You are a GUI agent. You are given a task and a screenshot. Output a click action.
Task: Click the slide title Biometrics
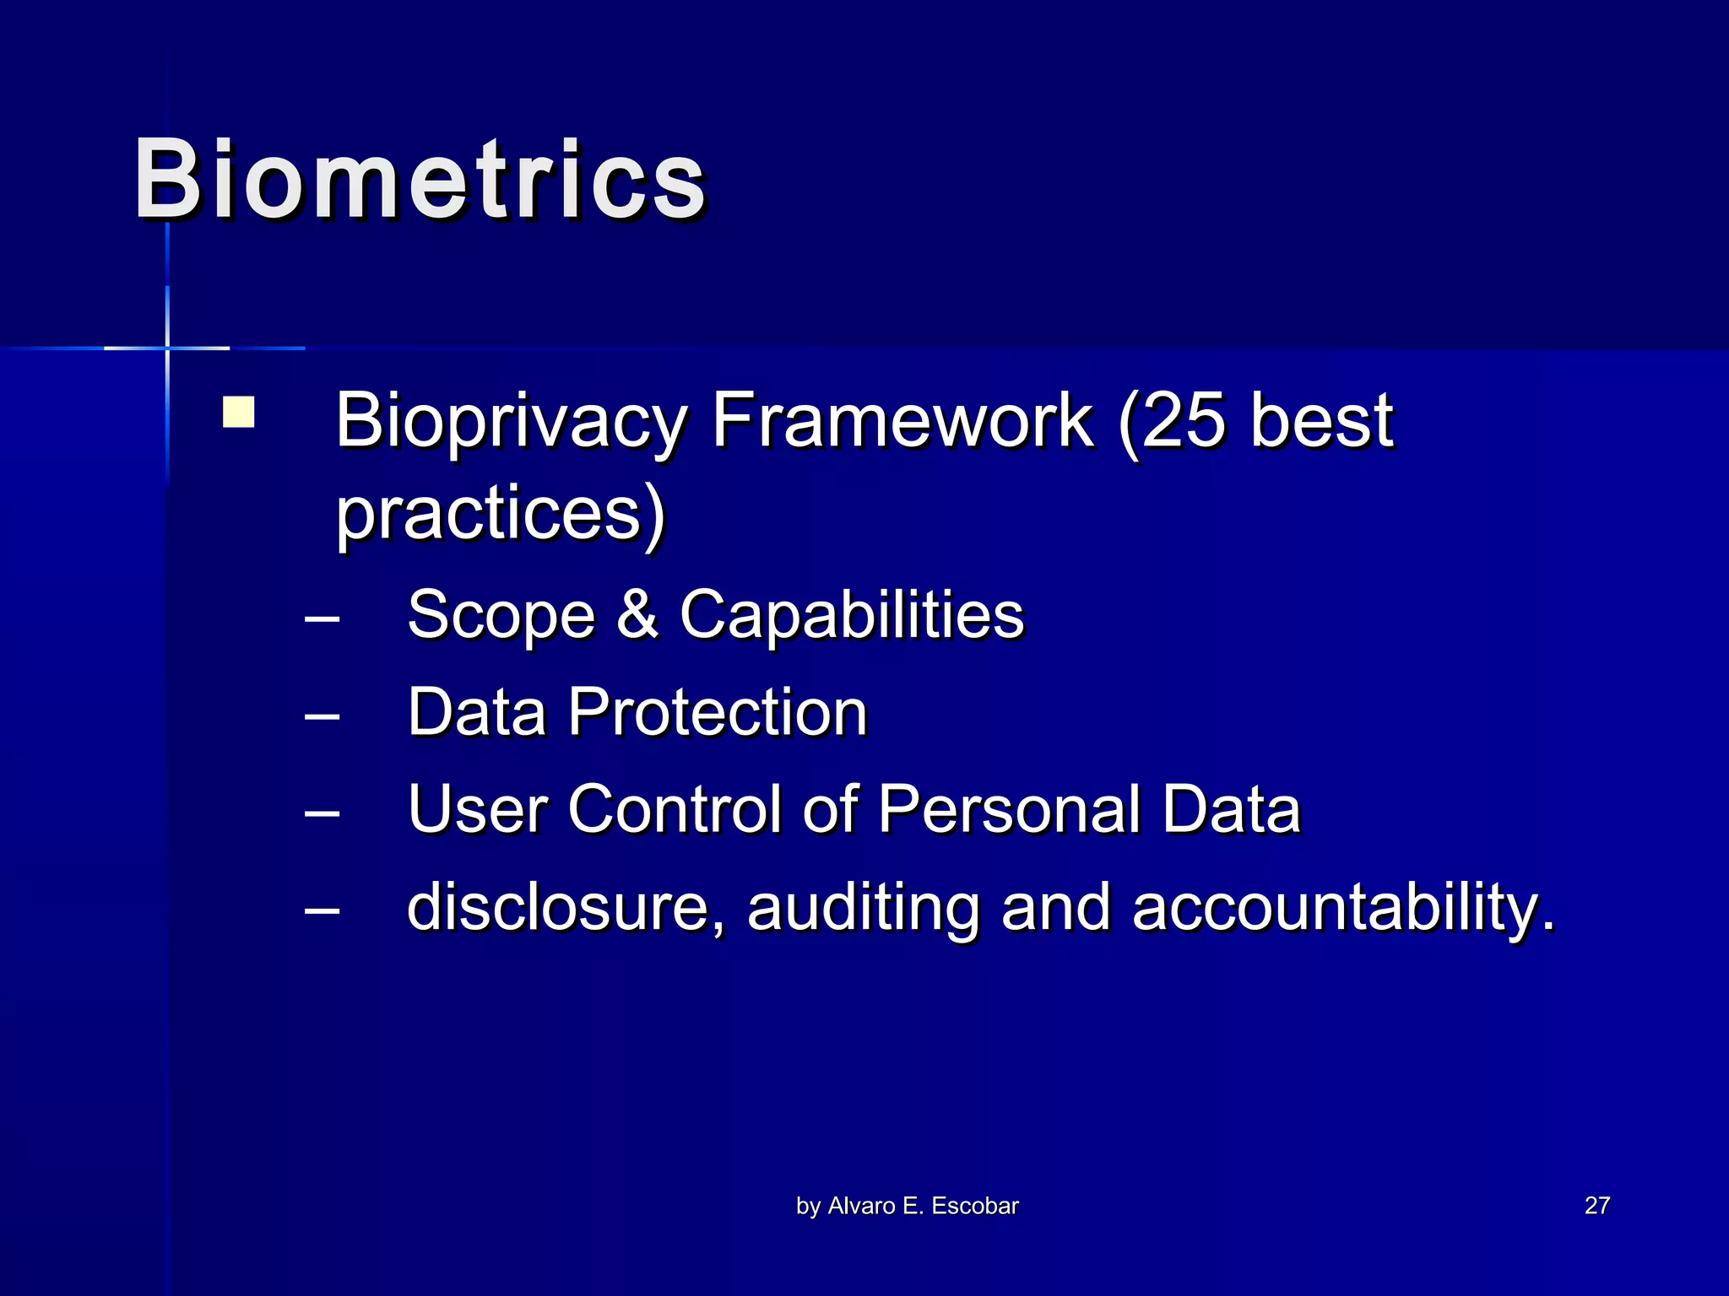[x=420, y=180]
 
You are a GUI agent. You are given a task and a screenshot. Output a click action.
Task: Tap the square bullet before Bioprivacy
[x=239, y=413]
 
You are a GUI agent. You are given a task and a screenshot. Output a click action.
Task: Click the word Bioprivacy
[x=512, y=421]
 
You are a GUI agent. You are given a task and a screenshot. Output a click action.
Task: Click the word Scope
[x=501, y=615]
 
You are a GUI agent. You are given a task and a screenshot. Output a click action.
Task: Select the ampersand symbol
[x=637, y=613]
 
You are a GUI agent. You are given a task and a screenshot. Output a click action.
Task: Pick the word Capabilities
[x=852, y=615]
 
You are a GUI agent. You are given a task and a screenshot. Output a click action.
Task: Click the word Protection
[x=718, y=712]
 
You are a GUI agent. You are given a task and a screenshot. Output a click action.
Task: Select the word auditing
[x=864, y=907]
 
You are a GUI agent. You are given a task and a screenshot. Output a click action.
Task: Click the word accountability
[x=1342, y=907]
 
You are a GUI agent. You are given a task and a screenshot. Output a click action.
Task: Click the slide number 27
[x=1597, y=1206]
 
